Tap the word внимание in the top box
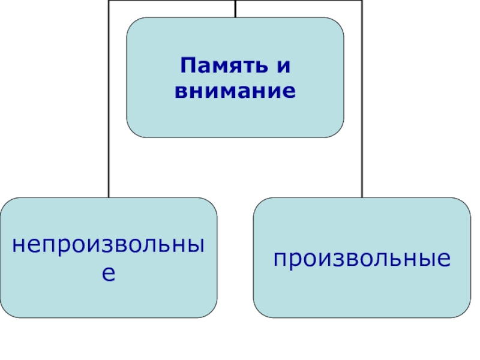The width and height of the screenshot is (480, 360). tap(235, 92)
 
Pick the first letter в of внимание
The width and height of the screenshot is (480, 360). tap(181, 92)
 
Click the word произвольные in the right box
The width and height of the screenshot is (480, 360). tap(362, 259)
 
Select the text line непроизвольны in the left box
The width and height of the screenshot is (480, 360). tap(109, 245)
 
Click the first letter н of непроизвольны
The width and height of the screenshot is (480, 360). tap(19, 245)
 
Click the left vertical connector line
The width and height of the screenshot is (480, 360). tap(109, 120)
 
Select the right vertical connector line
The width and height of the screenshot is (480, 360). tap(362, 120)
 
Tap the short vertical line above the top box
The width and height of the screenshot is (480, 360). tap(235, 8)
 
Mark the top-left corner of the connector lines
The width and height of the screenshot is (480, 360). tap(109, 1)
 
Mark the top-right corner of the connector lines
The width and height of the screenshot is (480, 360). tap(362, 1)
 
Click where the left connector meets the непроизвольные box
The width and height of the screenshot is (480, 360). tap(109, 197)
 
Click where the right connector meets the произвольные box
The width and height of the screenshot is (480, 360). tap(362, 197)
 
